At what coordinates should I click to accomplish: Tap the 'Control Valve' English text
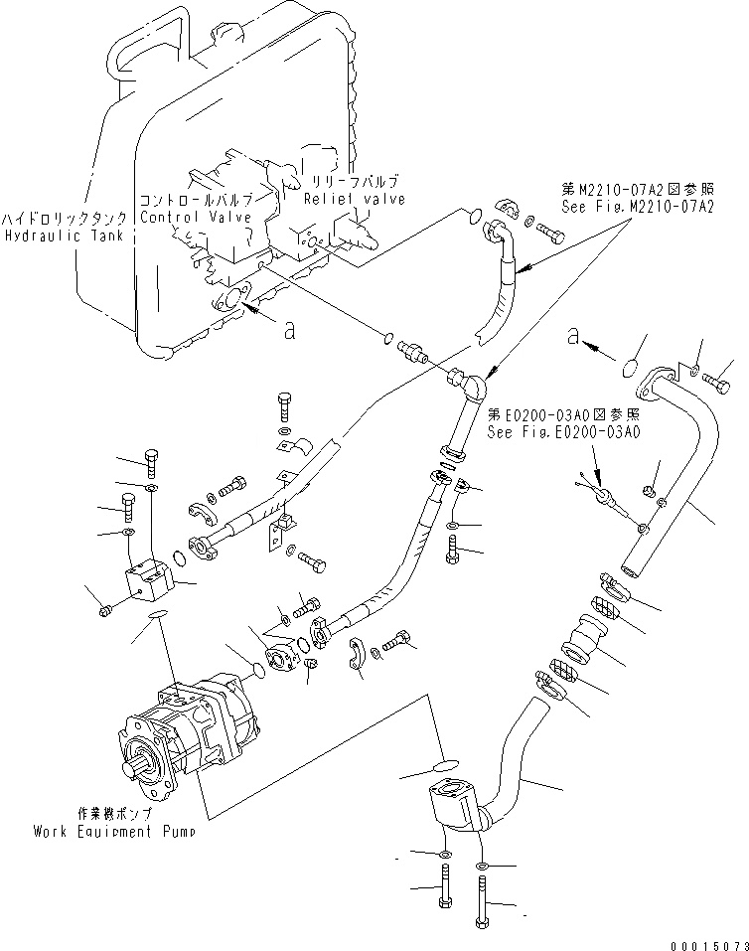195,217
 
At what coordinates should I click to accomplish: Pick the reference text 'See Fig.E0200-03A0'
562,431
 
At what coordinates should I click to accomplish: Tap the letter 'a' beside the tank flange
289,331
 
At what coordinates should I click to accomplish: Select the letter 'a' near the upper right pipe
572,338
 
